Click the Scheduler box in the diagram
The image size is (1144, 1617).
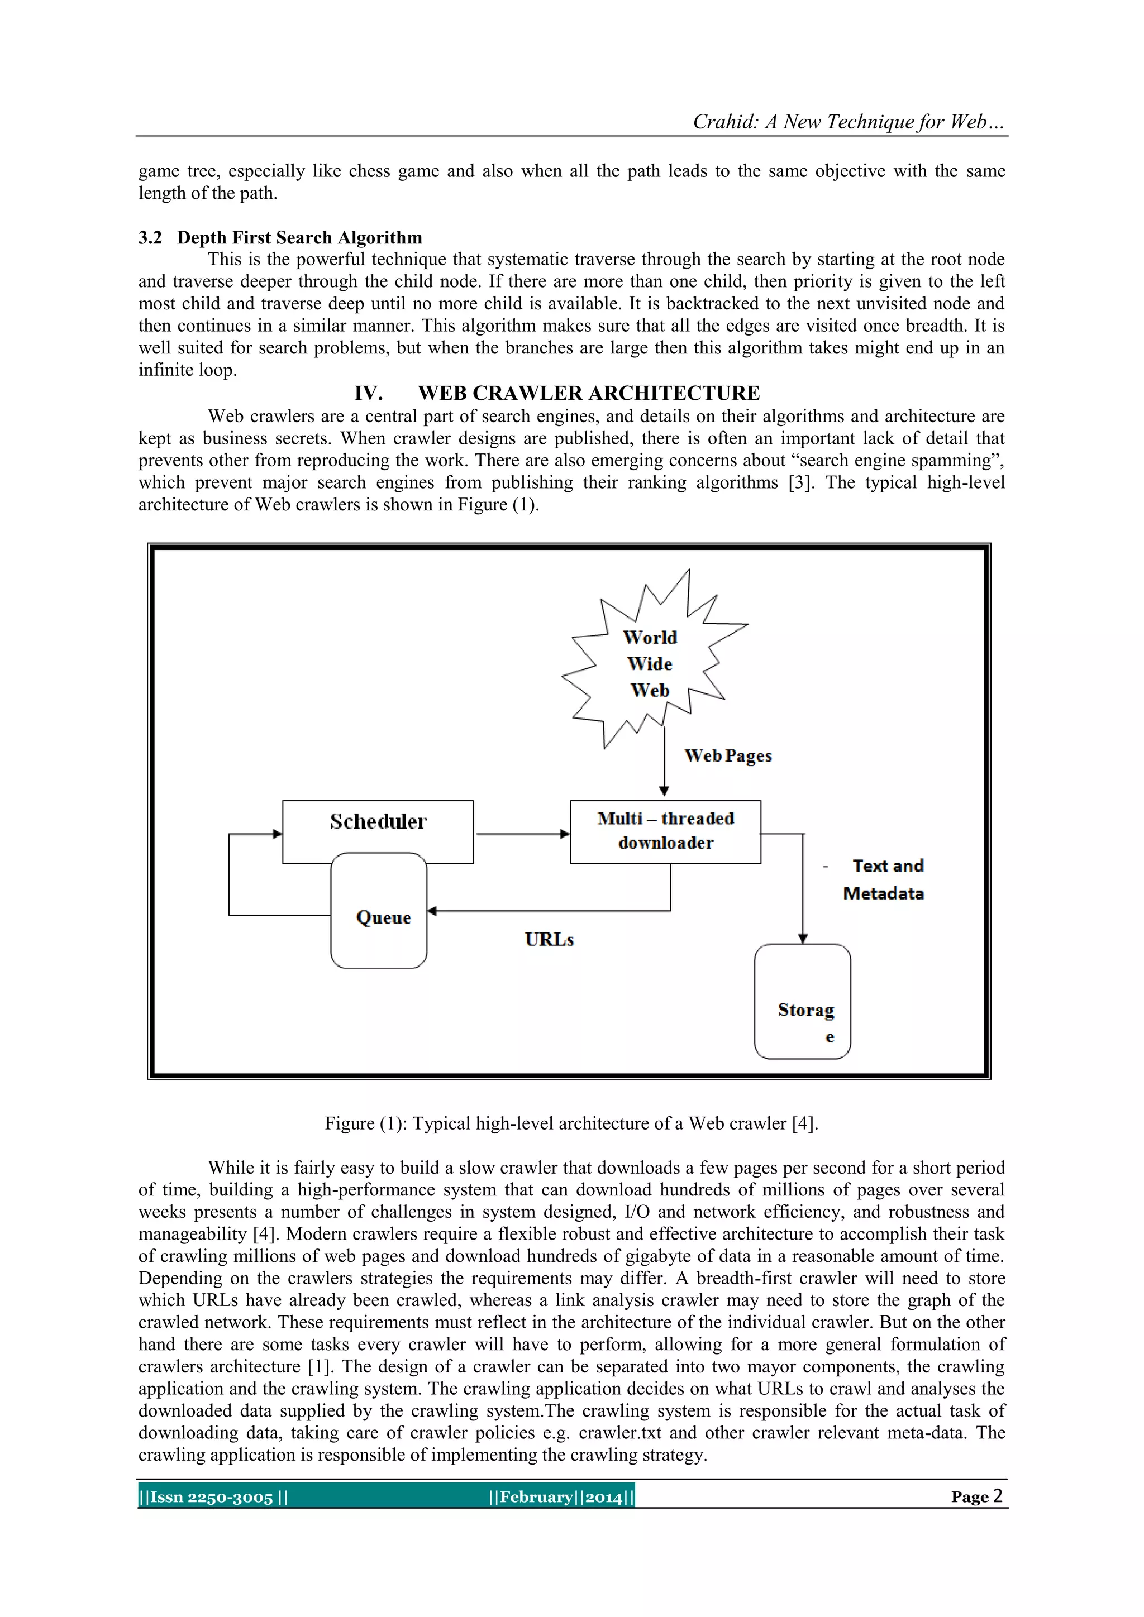pyautogui.click(x=378, y=822)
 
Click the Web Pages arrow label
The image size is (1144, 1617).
pyautogui.click(x=728, y=755)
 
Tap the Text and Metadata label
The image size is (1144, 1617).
pyautogui.click(x=885, y=879)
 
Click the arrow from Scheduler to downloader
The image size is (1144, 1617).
pyautogui.click(x=521, y=834)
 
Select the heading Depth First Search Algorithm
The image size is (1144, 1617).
pyautogui.click(x=299, y=237)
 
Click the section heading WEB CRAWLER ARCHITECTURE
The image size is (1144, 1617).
pyautogui.click(x=588, y=393)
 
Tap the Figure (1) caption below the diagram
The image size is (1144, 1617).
pyautogui.click(x=571, y=1123)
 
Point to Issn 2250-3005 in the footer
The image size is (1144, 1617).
pyautogui.click(x=212, y=1496)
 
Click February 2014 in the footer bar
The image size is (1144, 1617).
pyautogui.click(x=561, y=1496)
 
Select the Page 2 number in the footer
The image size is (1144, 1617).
pyautogui.click(x=976, y=1496)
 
